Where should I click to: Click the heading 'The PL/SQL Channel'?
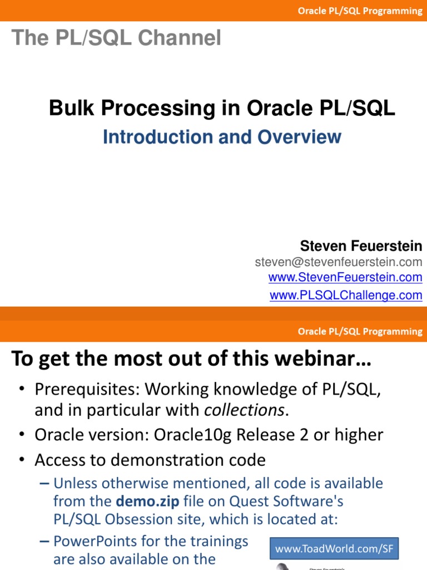coord(116,37)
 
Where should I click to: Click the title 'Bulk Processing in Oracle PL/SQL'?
coord(222,108)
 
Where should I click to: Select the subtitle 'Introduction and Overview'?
coord(222,137)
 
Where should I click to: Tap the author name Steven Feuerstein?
coord(361,246)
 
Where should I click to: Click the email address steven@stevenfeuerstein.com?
coord(339,262)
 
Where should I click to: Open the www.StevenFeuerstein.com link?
coord(345,277)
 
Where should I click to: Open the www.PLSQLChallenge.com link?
coord(346,295)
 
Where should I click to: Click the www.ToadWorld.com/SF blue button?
coord(334,548)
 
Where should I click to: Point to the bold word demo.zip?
coord(147,502)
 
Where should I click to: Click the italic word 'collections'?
coord(244,410)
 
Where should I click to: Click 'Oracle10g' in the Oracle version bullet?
coord(192,435)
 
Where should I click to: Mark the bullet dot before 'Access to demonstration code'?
coord(22,460)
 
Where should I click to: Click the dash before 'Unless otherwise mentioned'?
coord(44,484)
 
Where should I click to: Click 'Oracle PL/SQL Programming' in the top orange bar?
coord(360,11)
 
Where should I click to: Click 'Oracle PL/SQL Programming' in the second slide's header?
coord(360,332)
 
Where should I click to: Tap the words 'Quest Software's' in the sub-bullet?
coord(286,502)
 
